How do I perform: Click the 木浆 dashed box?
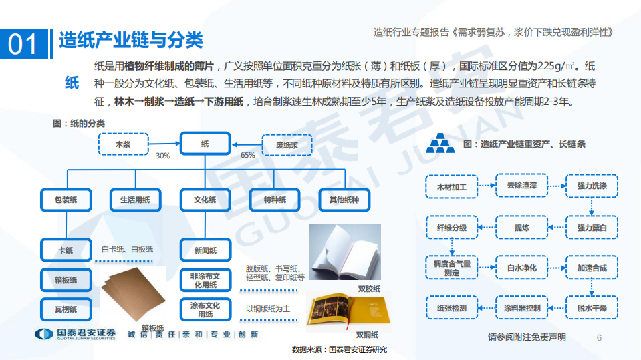pos(124,144)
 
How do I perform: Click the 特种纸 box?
pos(275,200)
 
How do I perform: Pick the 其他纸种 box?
pos(344,200)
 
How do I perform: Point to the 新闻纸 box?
pos(205,250)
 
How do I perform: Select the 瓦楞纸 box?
pos(66,309)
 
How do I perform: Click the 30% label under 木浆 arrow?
pos(162,156)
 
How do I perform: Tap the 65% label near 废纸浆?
pos(248,156)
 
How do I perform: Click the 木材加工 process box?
pos(452,186)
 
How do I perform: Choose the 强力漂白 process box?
pos(592,228)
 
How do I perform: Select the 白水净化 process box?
pos(522,268)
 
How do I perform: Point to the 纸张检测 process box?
pos(452,308)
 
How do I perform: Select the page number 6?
pos(599,337)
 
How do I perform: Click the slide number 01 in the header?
pos(24,43)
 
